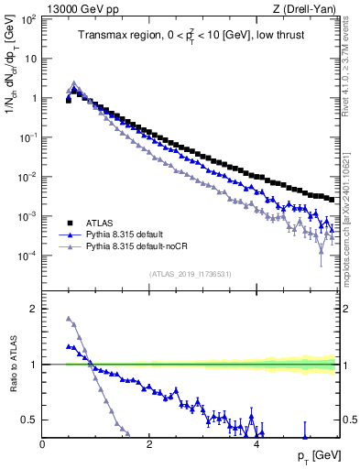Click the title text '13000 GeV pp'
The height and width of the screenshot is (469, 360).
click(76, 8)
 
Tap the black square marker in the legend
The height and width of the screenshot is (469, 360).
click(70, 223)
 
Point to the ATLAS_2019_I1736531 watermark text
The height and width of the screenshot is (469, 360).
click(190, 273)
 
